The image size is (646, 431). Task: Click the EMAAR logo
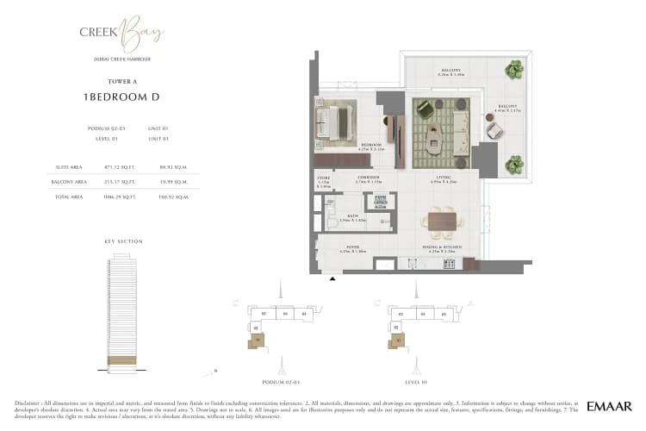coord(610,405)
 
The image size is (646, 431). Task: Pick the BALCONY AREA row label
coord(70,182)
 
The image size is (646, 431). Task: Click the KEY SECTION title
coord(122,241)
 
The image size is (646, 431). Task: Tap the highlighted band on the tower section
coord(121,359)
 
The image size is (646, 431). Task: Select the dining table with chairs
coord(441,222)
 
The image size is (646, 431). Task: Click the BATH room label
coord(352,217)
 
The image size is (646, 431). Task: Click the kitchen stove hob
coord(448,264)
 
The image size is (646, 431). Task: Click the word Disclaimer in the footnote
coord(29,403)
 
